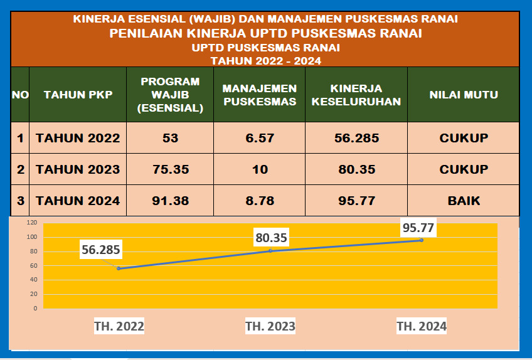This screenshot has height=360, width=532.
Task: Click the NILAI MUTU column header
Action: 464,95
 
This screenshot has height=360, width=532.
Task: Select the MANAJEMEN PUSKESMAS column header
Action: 260,95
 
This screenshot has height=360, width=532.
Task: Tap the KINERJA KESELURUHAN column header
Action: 356,95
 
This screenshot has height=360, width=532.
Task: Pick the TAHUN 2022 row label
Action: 78,138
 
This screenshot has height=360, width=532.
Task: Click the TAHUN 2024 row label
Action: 78,201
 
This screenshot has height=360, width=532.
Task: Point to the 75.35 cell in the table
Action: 170,169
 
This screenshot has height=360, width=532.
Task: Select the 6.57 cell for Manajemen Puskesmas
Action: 260,138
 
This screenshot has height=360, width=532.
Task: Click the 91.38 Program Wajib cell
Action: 170,201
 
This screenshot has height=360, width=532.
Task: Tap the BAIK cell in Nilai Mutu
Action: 464,201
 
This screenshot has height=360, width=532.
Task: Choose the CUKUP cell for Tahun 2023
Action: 464,169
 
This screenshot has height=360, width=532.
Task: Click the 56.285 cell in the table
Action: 356,138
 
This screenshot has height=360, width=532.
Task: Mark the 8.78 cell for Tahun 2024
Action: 260,201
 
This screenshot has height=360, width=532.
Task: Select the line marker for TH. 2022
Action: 119,268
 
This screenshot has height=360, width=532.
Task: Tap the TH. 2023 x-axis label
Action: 270,326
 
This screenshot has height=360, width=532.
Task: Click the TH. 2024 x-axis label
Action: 422,326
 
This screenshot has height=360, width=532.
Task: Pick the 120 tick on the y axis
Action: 31,223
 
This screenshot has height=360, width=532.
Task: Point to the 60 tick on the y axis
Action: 33,265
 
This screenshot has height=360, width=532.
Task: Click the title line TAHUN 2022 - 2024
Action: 265,61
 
